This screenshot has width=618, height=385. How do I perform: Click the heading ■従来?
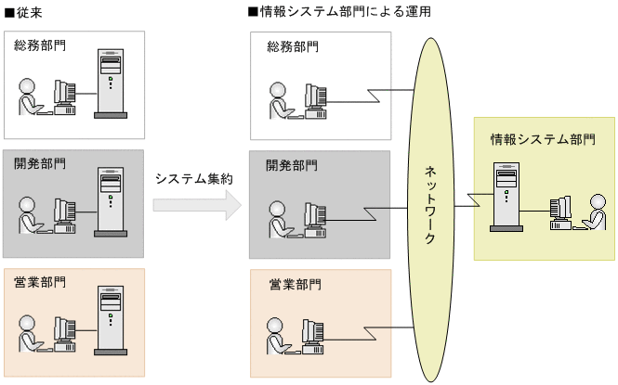[23, 13]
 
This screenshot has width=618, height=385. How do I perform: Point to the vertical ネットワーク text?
[430, 204]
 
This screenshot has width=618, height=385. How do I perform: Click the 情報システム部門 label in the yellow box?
[543, 139]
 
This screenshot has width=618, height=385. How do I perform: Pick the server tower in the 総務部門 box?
[112, 84]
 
